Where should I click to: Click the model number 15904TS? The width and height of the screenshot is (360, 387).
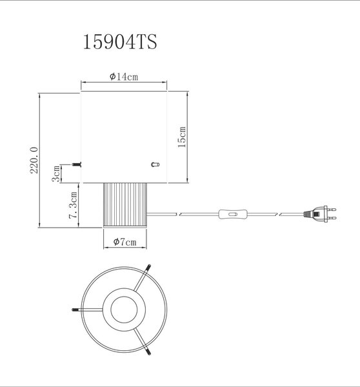[120, 42]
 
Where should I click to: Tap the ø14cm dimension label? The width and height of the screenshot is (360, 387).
[124, 77]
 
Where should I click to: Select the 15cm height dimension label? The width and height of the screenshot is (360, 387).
[182, 137]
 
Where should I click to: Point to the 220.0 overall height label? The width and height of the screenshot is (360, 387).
[34, 160]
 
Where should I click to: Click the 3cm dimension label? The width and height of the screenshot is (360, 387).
[56, 174]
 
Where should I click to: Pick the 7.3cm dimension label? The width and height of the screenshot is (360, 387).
[73, 205]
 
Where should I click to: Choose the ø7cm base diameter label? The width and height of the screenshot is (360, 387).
[125, 242]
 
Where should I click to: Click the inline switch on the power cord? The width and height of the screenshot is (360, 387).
[233, 214]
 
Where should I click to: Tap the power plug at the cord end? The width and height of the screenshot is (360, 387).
[320, 214]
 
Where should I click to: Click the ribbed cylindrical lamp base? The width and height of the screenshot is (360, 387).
[125, 205]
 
